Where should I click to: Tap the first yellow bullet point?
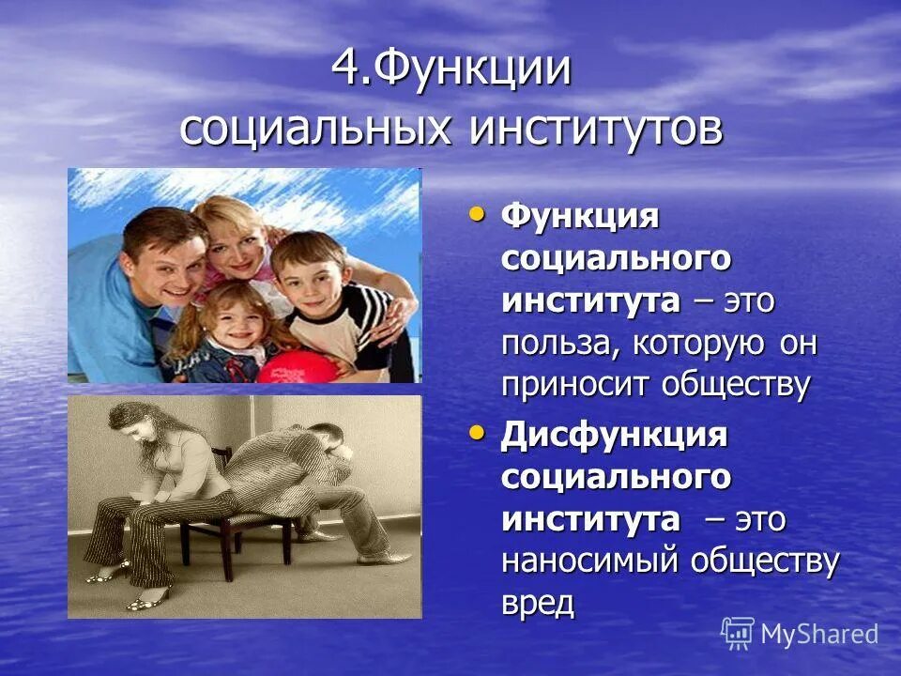(x=479, y=216)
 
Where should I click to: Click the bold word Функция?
(x=580, y=218)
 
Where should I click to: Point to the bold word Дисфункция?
(x=615, y=435)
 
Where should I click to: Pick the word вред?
(x=537, y=603)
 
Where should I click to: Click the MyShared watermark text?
(x=819, y=634)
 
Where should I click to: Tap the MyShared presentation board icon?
(x=738, y=633)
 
